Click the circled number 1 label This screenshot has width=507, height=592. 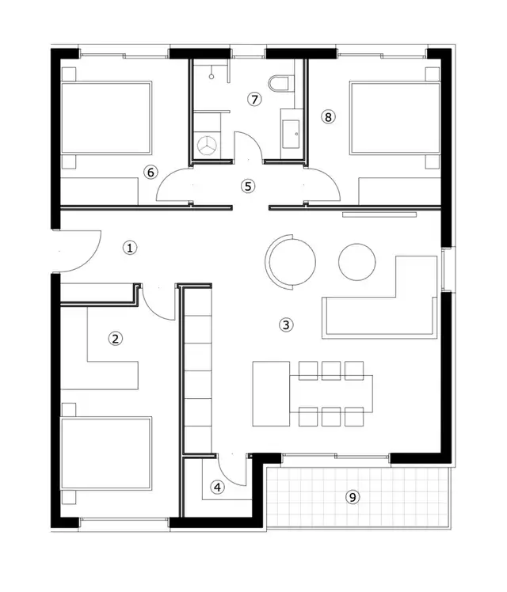pos(131,248)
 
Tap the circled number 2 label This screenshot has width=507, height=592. pos(116,339)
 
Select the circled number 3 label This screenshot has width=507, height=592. pos(287,324)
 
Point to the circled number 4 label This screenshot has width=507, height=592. pos(218,488)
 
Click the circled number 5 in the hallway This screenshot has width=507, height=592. pos(248,187)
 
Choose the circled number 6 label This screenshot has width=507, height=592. pos(151,172)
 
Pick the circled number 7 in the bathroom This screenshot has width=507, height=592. pos(253,100)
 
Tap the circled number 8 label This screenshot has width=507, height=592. pos(329,116)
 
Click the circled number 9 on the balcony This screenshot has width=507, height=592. pos(353,497)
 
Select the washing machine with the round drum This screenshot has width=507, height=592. pos(208,145)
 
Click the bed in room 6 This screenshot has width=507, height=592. pos(106,118)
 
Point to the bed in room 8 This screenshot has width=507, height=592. pos(395,118)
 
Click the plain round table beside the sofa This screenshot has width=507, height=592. pos(357,260)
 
